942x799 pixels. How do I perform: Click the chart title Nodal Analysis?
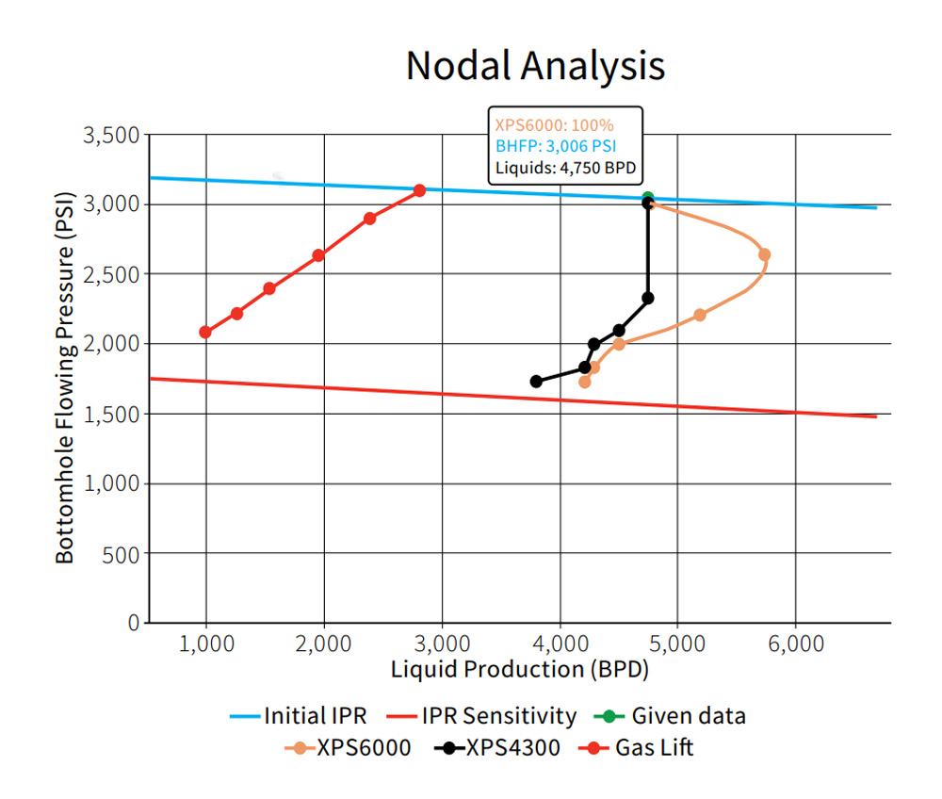[535, 65]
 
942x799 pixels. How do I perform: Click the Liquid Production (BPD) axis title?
[520, 670]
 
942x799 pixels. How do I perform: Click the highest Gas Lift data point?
[419, 190]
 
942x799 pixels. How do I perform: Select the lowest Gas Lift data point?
[205, 332]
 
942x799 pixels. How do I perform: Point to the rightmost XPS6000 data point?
[764, 254]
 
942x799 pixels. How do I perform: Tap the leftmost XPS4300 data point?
[536, 382]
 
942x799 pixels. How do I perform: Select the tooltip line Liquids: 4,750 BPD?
[564, 169]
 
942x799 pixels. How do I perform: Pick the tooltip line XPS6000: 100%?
[553, 123]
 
